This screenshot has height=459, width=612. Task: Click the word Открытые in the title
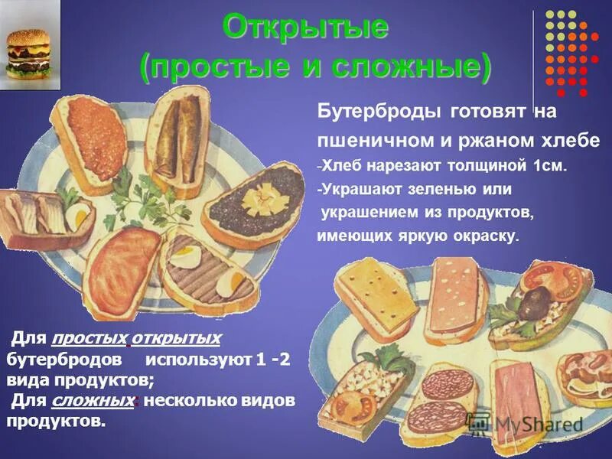point(306,29)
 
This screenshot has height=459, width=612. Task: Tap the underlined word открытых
point(176,338)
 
